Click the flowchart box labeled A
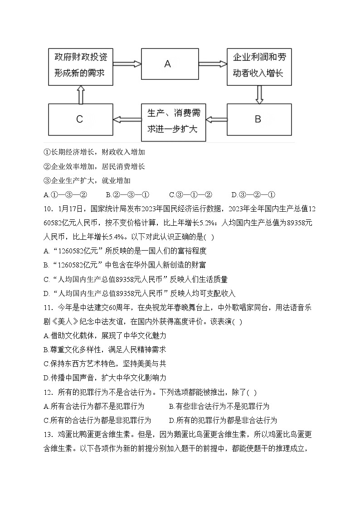click(x=167, y=64)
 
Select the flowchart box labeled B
click(x=258, y=120)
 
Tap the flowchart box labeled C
click(x=80, y=120)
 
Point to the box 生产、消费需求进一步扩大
click(x=173, y=120)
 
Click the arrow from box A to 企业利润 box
click(x=213, y=64)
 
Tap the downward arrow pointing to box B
click(x=259, y=94)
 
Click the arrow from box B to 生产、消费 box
click(x=216, y=120)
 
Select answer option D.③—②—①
click(x=253, y=195)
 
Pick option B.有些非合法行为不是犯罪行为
click(x=219, y=406)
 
